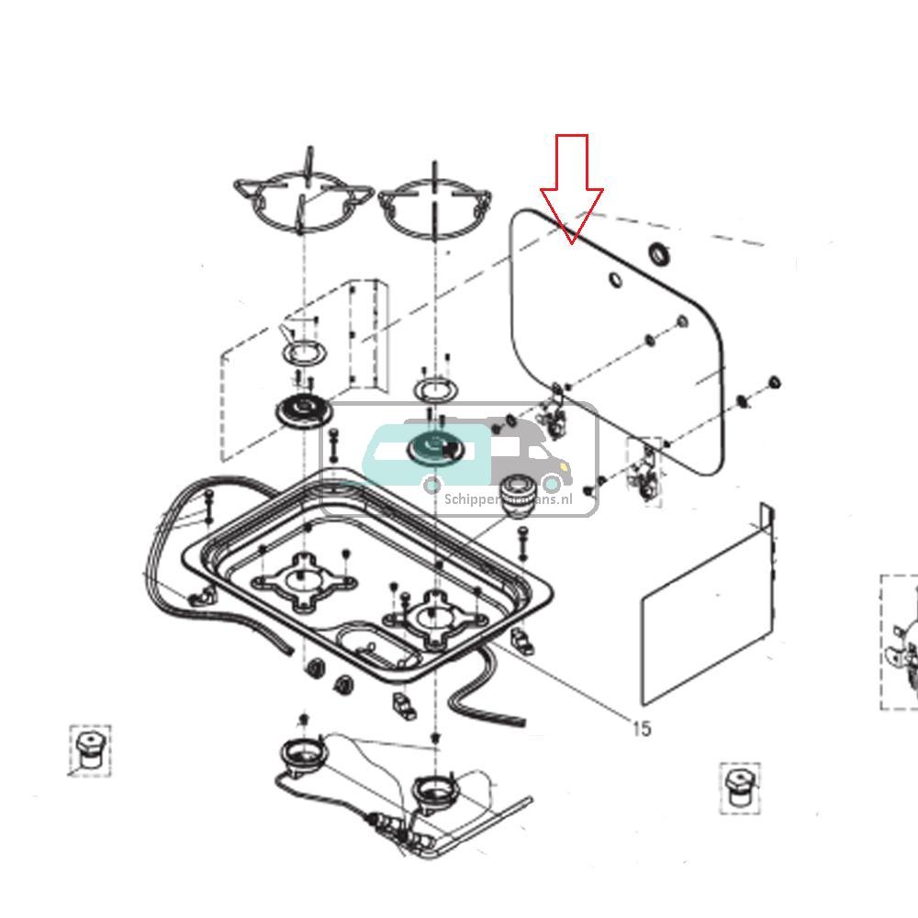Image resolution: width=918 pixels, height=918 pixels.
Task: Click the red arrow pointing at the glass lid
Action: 572,188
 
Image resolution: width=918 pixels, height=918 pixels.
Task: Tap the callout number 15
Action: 641,728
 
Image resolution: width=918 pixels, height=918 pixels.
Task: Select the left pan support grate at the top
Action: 304,196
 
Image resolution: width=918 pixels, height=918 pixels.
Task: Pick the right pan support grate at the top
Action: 434,206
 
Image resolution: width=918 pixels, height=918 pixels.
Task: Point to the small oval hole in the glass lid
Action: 614,277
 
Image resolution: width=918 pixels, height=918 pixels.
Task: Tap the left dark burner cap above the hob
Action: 302,411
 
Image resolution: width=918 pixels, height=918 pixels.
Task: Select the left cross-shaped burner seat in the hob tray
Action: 304,581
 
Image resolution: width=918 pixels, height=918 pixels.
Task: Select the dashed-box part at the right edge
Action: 900,643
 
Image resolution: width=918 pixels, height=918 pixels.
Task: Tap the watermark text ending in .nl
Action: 508,498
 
